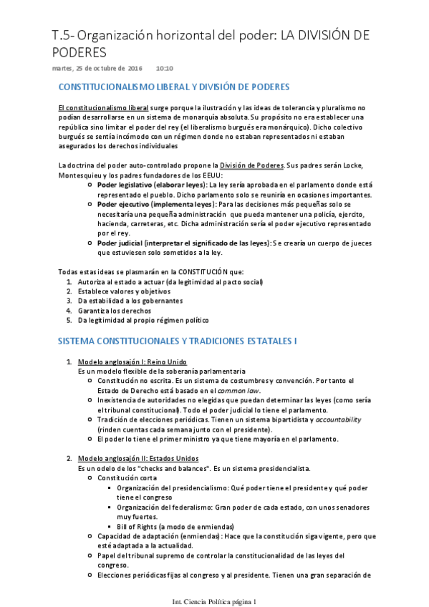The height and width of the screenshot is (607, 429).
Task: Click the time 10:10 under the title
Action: (x=165, y=68)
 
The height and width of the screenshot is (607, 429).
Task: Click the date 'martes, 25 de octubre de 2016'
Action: (x=97, y=68)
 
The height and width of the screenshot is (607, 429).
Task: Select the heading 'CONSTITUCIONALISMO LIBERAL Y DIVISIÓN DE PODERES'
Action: (x=173, y=87)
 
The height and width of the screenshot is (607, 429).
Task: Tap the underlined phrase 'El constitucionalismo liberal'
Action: (x=98, y=107)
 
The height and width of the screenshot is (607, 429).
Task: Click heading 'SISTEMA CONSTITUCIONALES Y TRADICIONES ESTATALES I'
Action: (x=177, y=341)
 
